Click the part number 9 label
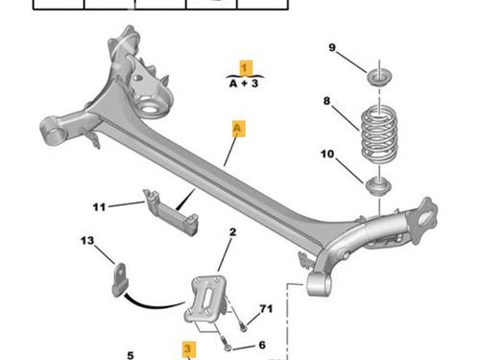click(x=332, y=47)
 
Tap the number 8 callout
click(x=326, y=101)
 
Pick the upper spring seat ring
click(x=379, y=77)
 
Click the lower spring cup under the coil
click(x=378, y=186)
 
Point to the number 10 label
click(x=327, y=154)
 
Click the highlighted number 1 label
click(x=246, y=68)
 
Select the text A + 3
click(x=244, y=84)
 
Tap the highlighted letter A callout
click(x=238, y=129)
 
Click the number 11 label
click(x=99, y=207)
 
